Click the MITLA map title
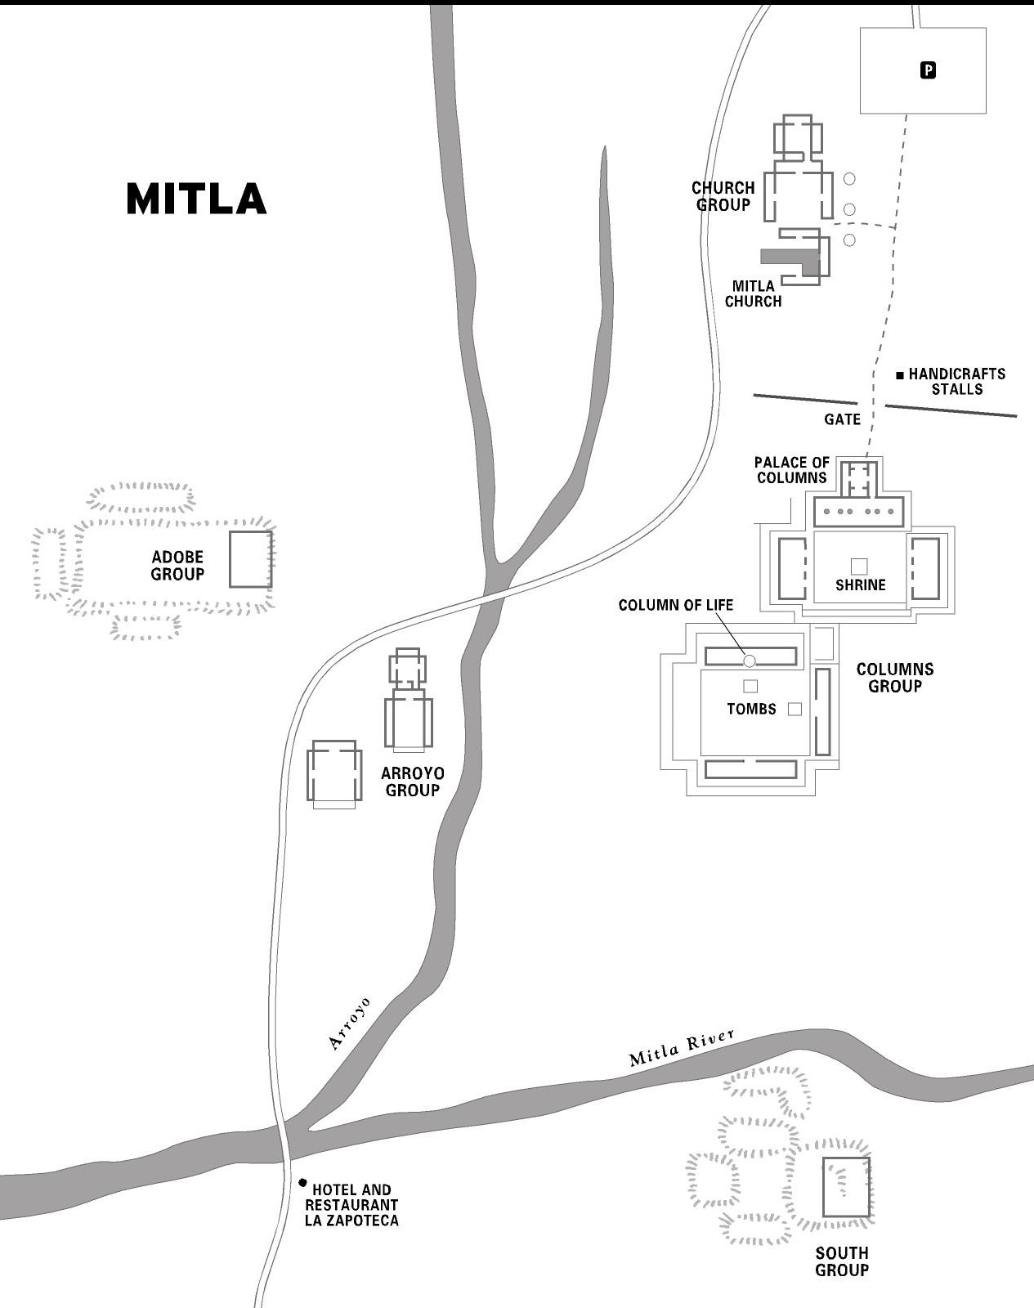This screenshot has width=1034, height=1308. [x=196, y=199]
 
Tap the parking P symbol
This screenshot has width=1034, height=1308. [x=928, y=70]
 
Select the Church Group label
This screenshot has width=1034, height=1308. [x=723, y=196]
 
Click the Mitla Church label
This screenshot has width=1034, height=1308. [x=753, y=293]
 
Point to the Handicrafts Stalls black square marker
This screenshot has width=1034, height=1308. [x=900, y=375]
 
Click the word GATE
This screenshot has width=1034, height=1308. [x=842, y=419]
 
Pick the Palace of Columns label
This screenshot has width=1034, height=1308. [x=791, y=470]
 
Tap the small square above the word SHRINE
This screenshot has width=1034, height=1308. [x=858, y=566]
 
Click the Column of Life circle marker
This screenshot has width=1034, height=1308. [x=750, y=661]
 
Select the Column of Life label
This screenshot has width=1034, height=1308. [x=675, y=605]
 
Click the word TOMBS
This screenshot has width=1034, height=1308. [x=751, y=709]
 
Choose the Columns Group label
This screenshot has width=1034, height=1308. [x=894, y=678]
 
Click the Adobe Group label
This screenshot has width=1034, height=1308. [x=177, y=566]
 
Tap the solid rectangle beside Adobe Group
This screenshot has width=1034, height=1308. [x=250, y=559]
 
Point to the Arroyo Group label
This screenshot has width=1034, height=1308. [x=413, y=782]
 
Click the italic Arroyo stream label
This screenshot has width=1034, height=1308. [x=349, y=1022]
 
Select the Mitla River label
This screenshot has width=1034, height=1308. [x=682, y=1048]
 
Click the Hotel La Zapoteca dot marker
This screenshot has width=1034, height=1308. [x=302, y=1182]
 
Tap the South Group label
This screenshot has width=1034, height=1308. [x=842, y=1261]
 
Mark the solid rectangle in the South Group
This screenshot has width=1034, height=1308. [x=846, y=1186]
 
